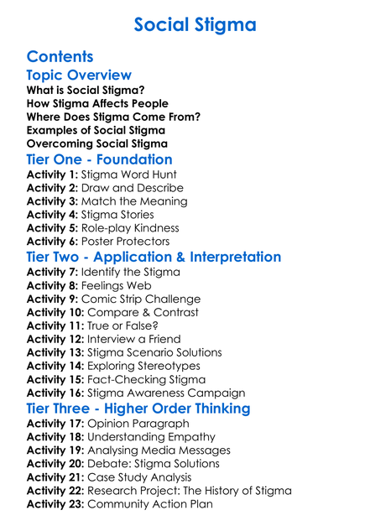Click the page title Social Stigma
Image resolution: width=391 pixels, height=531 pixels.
tap(195, 24)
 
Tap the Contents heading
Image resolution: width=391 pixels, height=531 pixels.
tap(60, 56)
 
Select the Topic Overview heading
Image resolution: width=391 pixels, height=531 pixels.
tap(79, 75)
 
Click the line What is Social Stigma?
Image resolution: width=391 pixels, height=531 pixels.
tap(85, 90)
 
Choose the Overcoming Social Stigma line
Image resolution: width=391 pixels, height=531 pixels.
tap(96, 143)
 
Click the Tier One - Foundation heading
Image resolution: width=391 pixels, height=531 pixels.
tap(99, 159)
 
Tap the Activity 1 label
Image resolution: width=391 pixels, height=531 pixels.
tap(52, 174)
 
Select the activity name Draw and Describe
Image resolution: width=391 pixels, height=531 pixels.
tap(132, 188)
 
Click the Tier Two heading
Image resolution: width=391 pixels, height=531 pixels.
tap(154, 257)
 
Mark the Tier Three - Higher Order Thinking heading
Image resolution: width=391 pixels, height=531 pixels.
tap(138, 409)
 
